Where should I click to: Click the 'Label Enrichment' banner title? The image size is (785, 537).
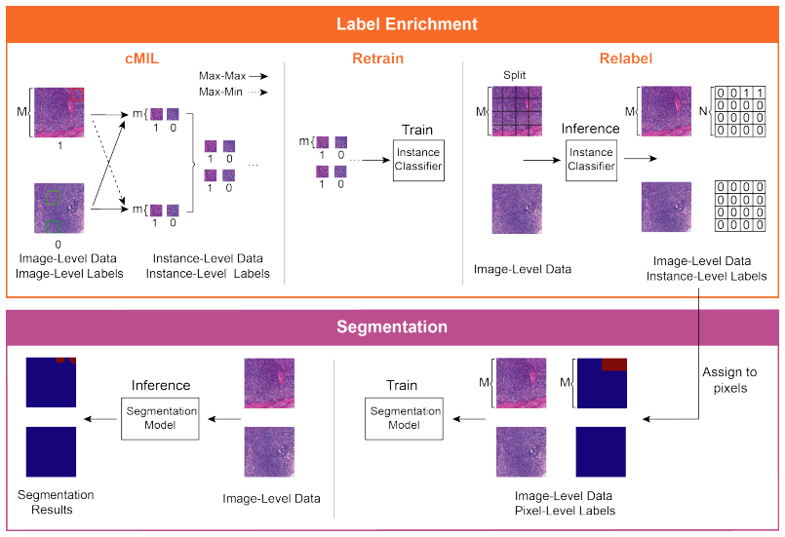tap(407, 24)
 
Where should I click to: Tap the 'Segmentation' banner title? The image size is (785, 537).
tap(392, 326)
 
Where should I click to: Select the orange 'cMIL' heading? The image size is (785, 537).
tap(141, 58)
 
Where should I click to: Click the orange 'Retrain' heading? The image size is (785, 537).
tap(378, 58)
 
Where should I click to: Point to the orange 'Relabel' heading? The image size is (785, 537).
tap(626, 58)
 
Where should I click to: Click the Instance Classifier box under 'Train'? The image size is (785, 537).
tap(418, 160)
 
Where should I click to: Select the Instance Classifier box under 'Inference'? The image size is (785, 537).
tap(591, 160)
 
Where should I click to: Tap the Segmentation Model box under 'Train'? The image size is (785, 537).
tap(404, 419)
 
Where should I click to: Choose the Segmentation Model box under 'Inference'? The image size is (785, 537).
tap(160, 419)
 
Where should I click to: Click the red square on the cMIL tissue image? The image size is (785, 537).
tap(77, 95)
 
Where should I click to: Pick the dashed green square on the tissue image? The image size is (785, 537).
tap(53, 197)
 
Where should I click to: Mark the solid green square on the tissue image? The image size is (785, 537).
tap(54, 227)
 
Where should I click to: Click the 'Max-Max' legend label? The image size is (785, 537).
tap(222, 76)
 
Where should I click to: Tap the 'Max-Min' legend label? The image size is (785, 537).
tap(220, 92)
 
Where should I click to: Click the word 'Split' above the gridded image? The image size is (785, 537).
tap(515, 75)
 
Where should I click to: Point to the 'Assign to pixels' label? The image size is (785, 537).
tap(729, 380)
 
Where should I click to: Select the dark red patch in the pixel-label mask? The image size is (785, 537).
tap(614, 364)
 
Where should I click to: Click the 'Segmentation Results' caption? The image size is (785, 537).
tap(56, 502)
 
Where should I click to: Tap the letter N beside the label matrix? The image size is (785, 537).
tap(703, 111)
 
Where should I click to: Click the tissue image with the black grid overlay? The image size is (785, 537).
tap(517, 111)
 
